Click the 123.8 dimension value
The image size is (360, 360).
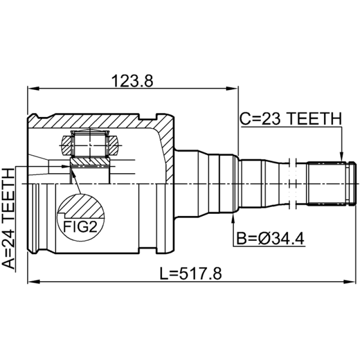tap(132, 81)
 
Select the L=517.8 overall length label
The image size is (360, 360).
tap(190, 274)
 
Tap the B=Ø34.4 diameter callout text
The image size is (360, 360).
tap(270, 238)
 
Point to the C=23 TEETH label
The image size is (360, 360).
tap(291, 119)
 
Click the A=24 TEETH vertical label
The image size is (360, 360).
tap(9, 218)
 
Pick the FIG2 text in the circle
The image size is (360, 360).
tap(80, 226)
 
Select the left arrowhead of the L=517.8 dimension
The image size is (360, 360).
tap(33, 282)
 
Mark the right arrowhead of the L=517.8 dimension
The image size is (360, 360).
tap(350, 282)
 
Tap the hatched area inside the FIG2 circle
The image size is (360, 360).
tap(81, 206)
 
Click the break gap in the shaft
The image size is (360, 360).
tap(292, 184)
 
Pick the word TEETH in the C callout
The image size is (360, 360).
tap(314, 119)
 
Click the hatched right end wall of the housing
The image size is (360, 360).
tap(167, 147)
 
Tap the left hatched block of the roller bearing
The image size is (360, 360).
tap(67, 145)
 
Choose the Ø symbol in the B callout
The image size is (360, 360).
tap(265, 238)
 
